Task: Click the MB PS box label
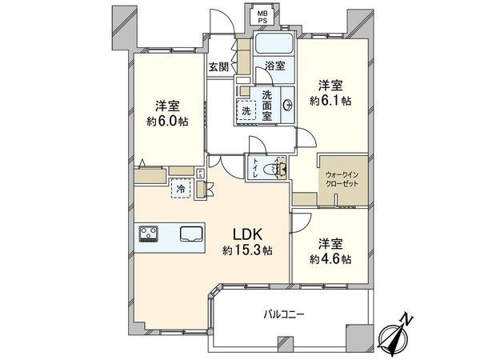point(262,16)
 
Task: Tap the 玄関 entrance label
point(218,68)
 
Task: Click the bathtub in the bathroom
point(275,44)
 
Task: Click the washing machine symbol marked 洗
point(246,111)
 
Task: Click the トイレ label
point(255,168)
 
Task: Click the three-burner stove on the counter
point(150,234)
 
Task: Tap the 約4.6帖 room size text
point(330,258)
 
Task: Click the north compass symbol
point(397,331)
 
